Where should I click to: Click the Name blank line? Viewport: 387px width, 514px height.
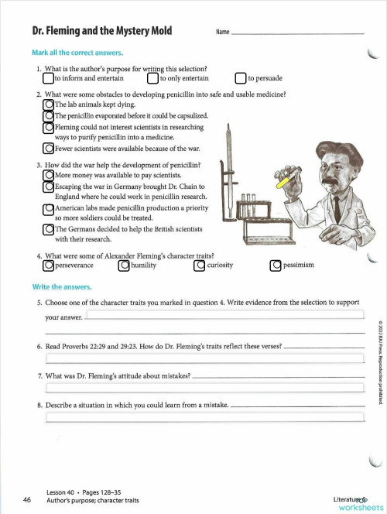pos(297,33)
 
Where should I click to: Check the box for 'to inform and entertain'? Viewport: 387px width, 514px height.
pos(48,78)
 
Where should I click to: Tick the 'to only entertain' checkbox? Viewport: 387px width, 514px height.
pos(153,78)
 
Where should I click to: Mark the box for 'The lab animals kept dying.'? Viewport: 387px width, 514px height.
pos(48,104)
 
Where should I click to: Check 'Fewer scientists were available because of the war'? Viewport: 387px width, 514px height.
pos(48,148)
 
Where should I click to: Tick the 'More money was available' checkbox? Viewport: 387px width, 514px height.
pos(48,175)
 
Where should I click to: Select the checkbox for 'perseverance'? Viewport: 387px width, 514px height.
pos(48,266)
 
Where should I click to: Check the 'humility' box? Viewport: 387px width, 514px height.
pos(124,266)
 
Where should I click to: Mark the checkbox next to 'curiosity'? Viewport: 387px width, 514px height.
pos(200,266)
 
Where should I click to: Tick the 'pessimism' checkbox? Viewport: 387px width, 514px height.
pos(276,266)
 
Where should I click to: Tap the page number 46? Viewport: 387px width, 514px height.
pos(27,500)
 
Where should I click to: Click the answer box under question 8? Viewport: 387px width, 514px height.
pos(205,418)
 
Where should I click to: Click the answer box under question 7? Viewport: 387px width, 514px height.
pos(205,387)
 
